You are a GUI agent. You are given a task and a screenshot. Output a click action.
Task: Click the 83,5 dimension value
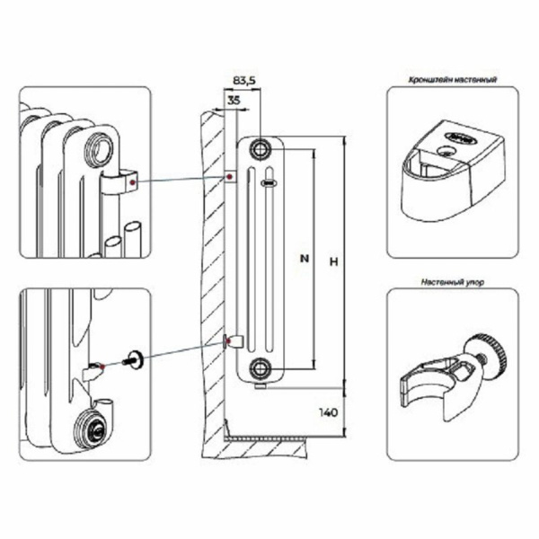[x=243, y=81]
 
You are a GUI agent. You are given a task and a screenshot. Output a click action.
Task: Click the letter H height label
[x=332, y=261]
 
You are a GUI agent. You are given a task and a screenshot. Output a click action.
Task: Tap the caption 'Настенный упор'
[x=446, y=281]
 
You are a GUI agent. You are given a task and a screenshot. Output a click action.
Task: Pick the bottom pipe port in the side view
[x=261, y=366]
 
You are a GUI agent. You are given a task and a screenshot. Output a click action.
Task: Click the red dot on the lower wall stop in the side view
[x=226, y=340]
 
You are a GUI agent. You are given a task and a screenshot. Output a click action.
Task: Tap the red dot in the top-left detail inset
[x=131, y=182]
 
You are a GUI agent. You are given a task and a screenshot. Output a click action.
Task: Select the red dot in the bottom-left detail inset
[x=106, y=367]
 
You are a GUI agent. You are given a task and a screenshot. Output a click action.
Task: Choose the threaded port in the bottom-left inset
[x=92, y=429]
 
